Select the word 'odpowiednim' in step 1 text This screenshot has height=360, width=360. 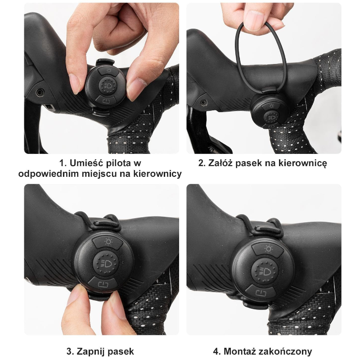tap(45, 174)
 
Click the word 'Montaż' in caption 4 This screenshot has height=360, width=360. tap(240, 351)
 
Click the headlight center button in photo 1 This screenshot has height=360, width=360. tap(108, 85)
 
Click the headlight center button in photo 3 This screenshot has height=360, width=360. tap(106, 263)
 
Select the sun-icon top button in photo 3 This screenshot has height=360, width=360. tap(108, 243)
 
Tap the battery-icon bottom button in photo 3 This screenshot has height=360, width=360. tap(103, 284)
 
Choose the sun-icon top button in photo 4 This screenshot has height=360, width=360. tap(268, 250)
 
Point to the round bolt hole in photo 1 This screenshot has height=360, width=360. tap(40, 93)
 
